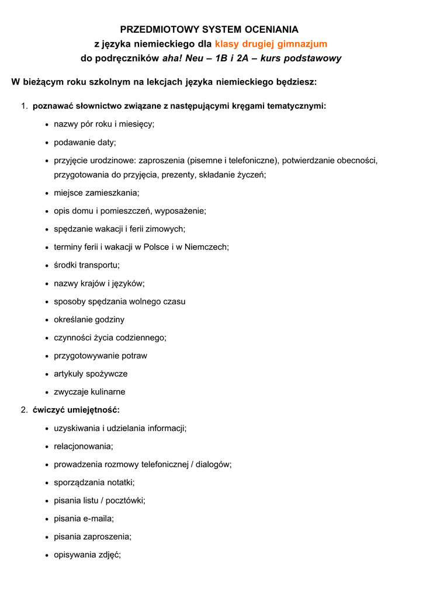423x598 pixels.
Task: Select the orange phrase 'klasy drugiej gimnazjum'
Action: click(271, 43)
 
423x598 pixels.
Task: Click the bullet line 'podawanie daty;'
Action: click(85, 142)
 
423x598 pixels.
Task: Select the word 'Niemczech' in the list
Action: click(206, 246)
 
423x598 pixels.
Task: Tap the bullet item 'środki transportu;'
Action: click(86, 265)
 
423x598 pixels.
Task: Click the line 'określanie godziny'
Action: click(89, 319)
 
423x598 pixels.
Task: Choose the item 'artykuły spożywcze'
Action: click(91, 373)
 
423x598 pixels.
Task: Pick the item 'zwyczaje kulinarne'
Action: click(89, 391)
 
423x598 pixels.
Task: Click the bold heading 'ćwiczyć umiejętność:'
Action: click(76, 409)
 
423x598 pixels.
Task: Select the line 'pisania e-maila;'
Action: click(84, 518)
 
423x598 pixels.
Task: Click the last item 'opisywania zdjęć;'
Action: click(87, 554)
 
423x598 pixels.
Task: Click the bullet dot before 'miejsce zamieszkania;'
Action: click(47, 193)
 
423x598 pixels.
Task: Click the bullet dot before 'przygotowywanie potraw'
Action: click(47, 356)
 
